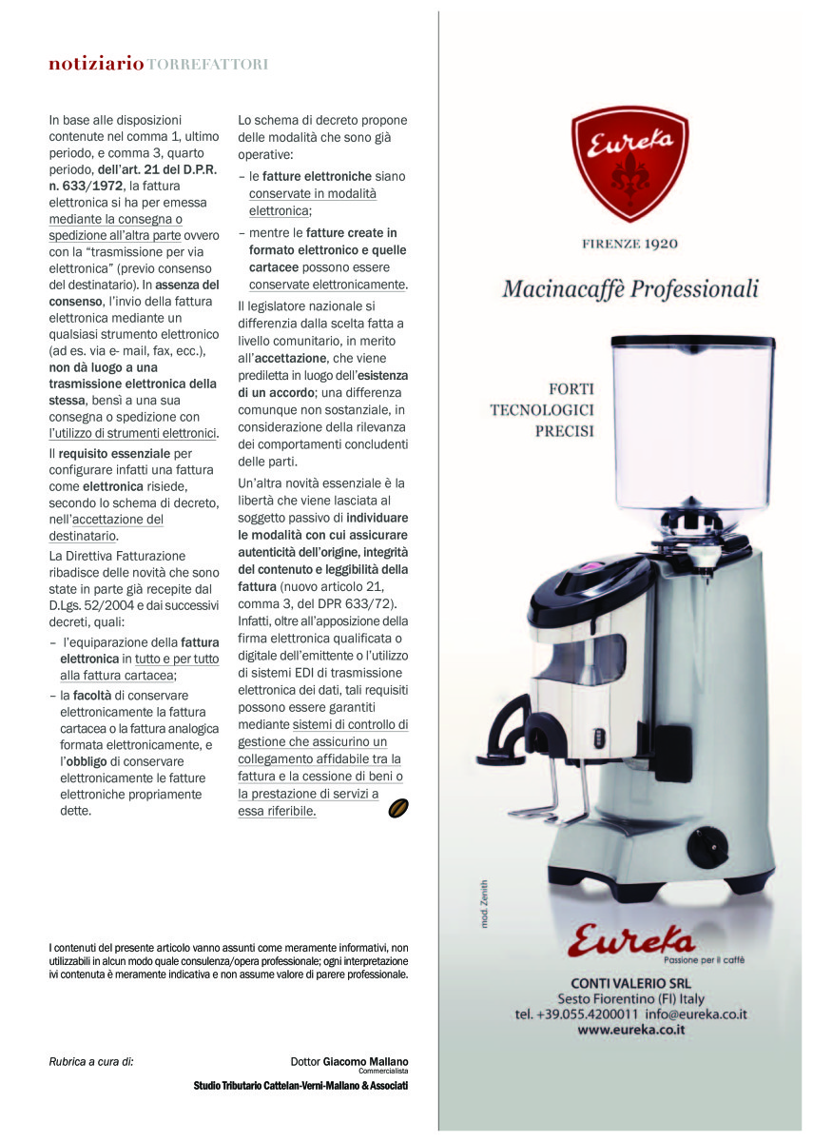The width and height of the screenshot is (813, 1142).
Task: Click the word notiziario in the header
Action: click(96, 65)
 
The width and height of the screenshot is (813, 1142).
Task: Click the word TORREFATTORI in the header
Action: click(207, 65)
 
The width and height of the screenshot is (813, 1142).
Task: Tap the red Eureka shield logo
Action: click(629, 161)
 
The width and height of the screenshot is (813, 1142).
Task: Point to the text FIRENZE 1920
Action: click(629, 244)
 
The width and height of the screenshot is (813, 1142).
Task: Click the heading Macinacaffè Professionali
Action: click(630, 287)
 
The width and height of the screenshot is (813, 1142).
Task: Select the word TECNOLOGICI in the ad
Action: click(542, 410)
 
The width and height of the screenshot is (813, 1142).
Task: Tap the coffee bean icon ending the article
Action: click(399, 808)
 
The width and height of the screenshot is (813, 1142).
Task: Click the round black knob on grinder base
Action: click(707, 847)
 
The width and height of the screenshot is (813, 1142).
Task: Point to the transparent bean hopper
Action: click(692, 423)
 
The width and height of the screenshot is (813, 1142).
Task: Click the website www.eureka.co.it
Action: click(631, 1030)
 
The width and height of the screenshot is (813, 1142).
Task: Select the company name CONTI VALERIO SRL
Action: click(630, 982)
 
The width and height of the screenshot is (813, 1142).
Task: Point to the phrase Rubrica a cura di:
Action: click(91, 1061)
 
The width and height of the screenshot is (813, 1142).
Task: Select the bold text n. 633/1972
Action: click(86, 186)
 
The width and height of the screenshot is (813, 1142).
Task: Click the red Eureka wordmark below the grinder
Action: click(631, 938)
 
